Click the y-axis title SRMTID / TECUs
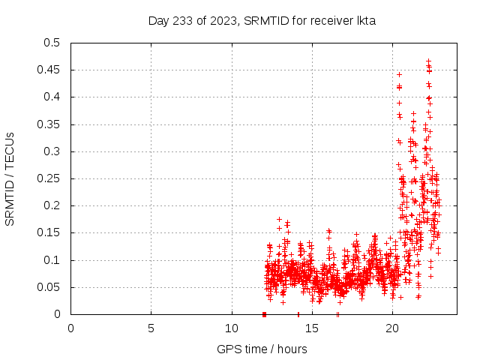click(x=10, y=178)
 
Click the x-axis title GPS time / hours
click(x=262, y=349)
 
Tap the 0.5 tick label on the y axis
click(x=52, y=43)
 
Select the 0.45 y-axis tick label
click(x=49, y=70)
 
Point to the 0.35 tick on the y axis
click(x=49, y=124)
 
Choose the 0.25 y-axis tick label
click(x=49, y=178)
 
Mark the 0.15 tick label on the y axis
click(x=49, y=233)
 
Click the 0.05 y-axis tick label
click(x=49, y=287)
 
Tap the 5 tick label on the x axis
click(x=151, y=328)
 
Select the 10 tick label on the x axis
click(x=231, y=328)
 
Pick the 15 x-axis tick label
click(x=311, y=328)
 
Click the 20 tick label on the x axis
click(x=391, y=328)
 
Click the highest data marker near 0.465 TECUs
click(x=428, y=61)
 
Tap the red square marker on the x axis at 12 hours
click(x=264, y=314)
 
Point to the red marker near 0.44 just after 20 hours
click(x=399, y=74)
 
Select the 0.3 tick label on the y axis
click(x=52, y=151)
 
